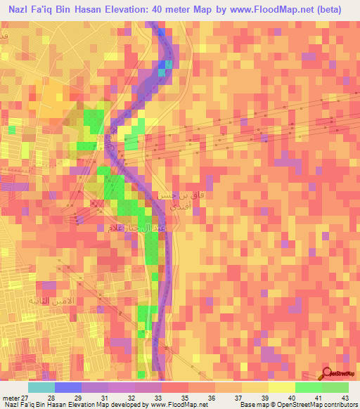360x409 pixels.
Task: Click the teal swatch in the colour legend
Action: coord(41,387)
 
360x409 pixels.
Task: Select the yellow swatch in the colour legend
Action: coord(282,387)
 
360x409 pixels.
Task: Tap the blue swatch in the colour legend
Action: coord(68,387)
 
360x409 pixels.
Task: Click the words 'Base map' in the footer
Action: coord(251,405)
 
